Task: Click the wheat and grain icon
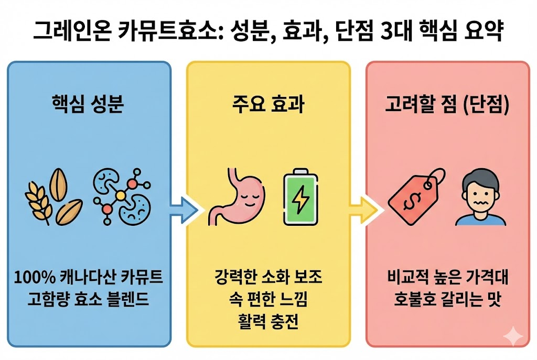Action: click(54, 199)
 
